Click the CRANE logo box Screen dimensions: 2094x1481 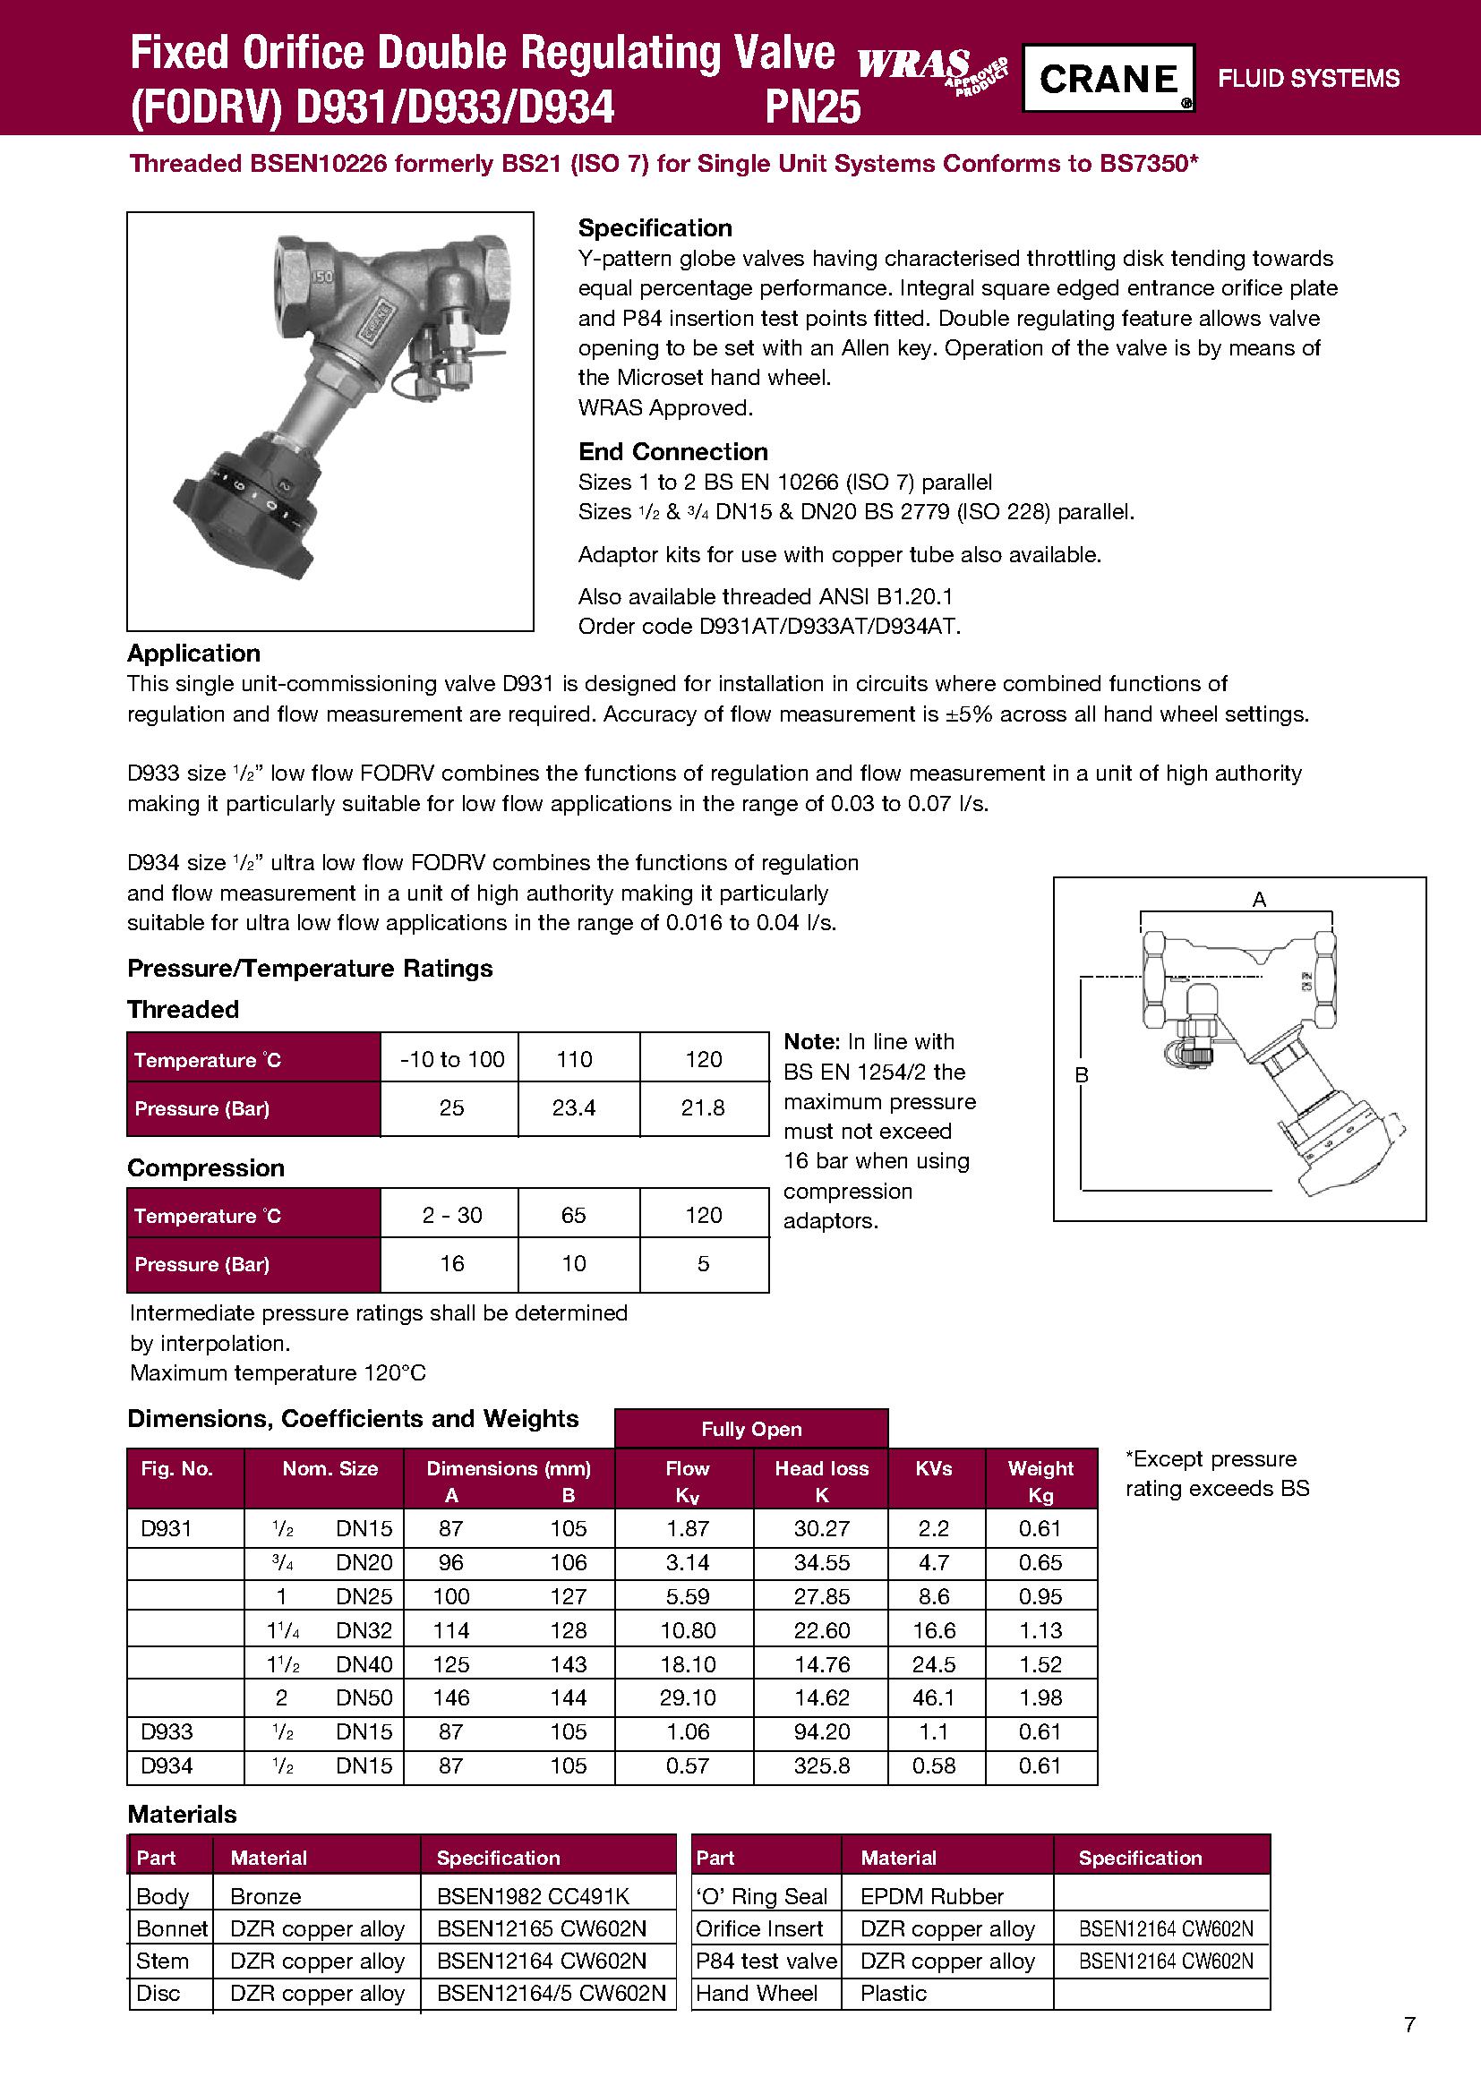(1107, 79)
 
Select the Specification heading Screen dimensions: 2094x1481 (655, 228)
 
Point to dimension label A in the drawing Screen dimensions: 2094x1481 (1260, 899)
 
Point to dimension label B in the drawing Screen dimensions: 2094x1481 (1082, 1075)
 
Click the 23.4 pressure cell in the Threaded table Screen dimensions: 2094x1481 (574, 1108)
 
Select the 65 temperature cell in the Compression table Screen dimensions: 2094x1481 (574, 1215)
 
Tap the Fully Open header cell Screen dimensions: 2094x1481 (751, 1429)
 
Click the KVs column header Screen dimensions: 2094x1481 (934, 1468)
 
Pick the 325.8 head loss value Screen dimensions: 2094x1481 (822, 1765)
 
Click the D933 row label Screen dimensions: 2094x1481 (167, 1732)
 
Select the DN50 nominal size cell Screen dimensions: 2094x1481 (364, 1698)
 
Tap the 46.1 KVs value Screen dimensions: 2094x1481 (934, 1698)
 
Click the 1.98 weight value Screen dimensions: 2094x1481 (1040, 1698)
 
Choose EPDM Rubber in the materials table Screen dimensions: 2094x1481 (932, 1896)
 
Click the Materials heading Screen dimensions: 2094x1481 (182, 1814)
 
